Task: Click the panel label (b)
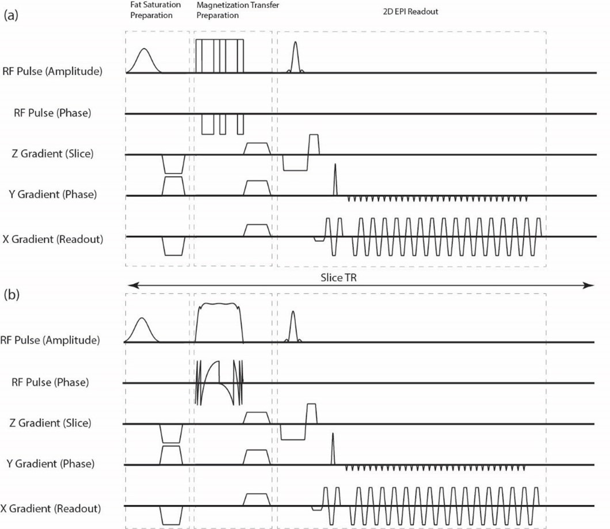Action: pos(12,295)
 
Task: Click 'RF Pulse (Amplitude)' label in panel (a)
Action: pos(52,73)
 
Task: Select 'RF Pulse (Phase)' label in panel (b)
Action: pos(52,382)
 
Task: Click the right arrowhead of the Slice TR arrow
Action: pos(592,285)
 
